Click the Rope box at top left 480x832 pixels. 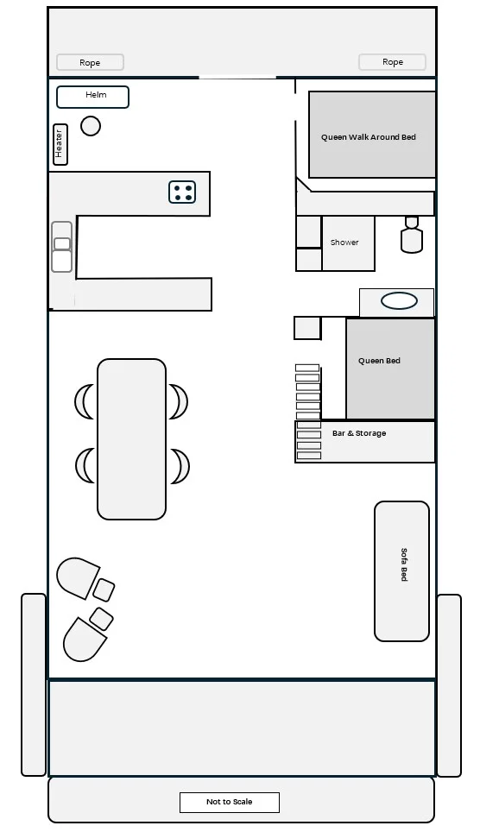coord(91,62)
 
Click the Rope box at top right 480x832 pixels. coord(393,61)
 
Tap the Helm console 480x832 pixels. coord(93,98)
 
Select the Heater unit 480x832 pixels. coord(60,144)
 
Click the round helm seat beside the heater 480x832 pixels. coord(91,126)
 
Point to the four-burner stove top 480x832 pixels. coord(182,192)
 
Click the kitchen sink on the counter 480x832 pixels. coord(61,247)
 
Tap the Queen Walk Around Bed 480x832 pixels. coord(372,135)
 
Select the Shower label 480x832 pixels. coord(344,242)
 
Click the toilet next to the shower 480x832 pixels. coord(412,236)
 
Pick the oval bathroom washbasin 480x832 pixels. coord(400,301)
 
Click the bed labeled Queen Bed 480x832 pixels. coord(390,369)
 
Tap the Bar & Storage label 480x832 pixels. coord(359,433)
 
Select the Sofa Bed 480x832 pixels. coord(402,571)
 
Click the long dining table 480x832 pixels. coord(132,439)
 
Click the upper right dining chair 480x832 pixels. coord(179,401)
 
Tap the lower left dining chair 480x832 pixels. coord(85,466)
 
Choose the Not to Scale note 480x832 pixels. coord(230,802)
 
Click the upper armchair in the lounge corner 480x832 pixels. coord(78,577)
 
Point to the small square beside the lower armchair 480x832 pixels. coord(101,619)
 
